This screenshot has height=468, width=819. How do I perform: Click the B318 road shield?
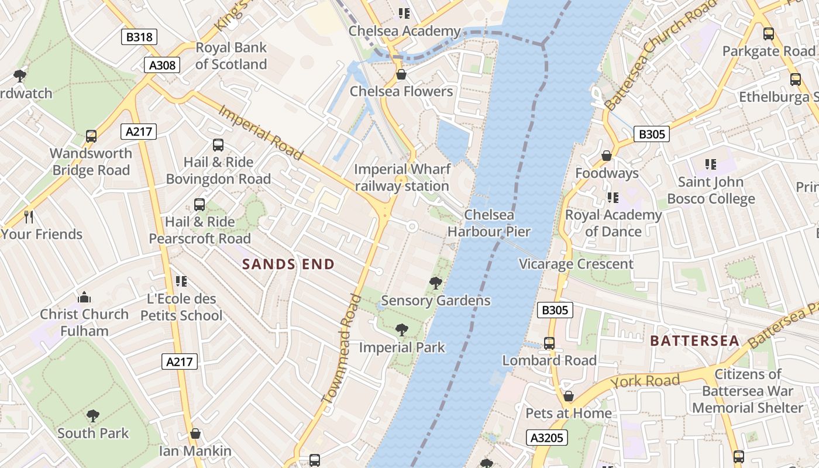(x=139, y=37)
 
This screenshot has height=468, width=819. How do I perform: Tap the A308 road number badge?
(x=162, y=65)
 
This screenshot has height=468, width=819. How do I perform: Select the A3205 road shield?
(x=547, y=438)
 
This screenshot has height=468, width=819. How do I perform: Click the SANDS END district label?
(x=288, y=264)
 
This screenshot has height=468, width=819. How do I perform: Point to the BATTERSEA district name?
(x=694, y=340)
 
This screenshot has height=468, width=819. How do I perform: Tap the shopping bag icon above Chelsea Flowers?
(x=401, y=74)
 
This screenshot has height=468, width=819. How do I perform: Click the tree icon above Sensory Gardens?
(x=435, y=283)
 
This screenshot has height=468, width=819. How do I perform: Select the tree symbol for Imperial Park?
(x=401, y=330)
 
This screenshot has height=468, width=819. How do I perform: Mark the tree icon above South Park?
(x=92, y=416)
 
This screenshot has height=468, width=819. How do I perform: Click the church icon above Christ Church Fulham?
(x=84, y=297)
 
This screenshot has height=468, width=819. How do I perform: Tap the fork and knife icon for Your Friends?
(x=29, y=217)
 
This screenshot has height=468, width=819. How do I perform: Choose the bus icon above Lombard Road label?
(x=549, y=343)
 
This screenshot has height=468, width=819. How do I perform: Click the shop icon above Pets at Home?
(x=568, y=396)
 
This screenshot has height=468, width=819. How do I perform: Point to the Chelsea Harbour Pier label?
(x=488, y=223)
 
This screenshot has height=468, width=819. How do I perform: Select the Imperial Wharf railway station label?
(x=402, y=178)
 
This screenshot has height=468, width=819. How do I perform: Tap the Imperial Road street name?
(x=261, y=132)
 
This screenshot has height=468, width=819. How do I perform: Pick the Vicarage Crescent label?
(x=576, y=264)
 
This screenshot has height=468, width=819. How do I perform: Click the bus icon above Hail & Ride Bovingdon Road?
(x=218, y=145)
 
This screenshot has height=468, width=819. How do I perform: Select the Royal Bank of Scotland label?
(x=231, y=56)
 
